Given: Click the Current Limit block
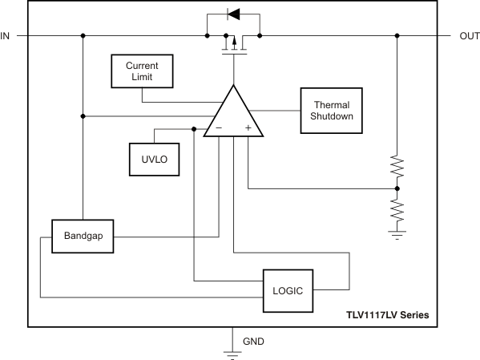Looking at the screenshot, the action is pos(142,71).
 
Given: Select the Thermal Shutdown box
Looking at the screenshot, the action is pos(332,111).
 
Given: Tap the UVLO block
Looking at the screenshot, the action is pos(155,160).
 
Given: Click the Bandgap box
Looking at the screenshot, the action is pos(83,237).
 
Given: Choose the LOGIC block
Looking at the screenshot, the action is pos(288,291).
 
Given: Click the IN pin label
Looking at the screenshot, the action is pos(5,36).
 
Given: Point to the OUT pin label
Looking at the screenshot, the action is pos(470,36).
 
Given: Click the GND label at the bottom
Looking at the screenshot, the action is pos(253,342).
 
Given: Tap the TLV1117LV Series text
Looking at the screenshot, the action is pos(388,315).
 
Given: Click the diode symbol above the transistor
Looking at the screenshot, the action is pos(233,14).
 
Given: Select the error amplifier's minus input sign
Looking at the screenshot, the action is pos(219,127).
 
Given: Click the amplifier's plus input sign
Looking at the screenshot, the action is pos(248,127).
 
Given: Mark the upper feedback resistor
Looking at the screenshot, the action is pos(397,166).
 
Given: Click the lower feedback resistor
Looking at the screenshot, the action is pos(397,211).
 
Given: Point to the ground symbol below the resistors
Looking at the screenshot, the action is pos(397,235).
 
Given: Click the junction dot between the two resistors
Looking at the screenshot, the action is pos(397,188).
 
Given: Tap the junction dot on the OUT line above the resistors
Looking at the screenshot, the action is pos(397,36).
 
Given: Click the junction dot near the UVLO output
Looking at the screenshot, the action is pos(194,129).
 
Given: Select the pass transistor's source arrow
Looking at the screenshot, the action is pos(234,42).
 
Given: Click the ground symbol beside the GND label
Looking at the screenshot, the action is pos(232,354).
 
